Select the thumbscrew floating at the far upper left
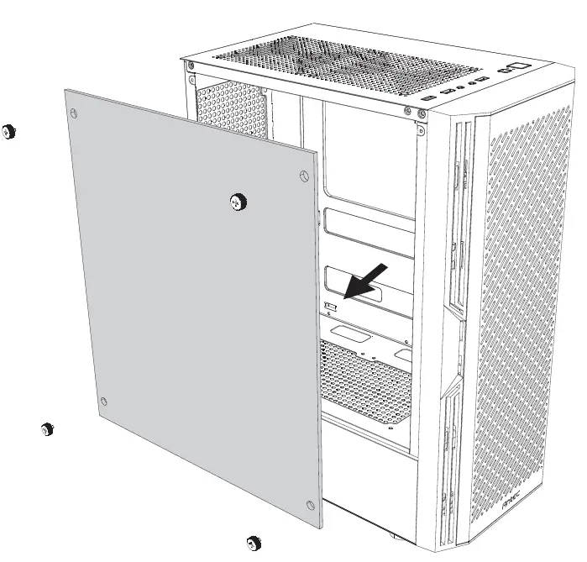point(9,130)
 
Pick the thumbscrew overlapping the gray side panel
point(238,200)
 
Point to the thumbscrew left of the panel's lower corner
point(48,429)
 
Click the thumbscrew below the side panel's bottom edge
point(251,542)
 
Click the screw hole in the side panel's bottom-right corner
point(312,504)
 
